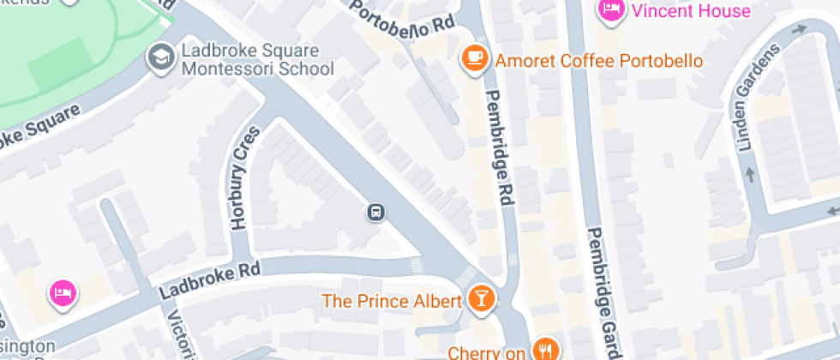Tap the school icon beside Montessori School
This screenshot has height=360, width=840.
pos(159,57)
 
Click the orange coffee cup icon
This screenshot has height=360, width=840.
pos(474,58)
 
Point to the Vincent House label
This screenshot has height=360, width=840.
pos(690,10)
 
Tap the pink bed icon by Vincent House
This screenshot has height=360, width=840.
pos(610,9)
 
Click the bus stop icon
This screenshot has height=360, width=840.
pos(375,212)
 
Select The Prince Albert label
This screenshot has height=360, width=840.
pos(392,301)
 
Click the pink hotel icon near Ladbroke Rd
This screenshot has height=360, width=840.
pos(63,292)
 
